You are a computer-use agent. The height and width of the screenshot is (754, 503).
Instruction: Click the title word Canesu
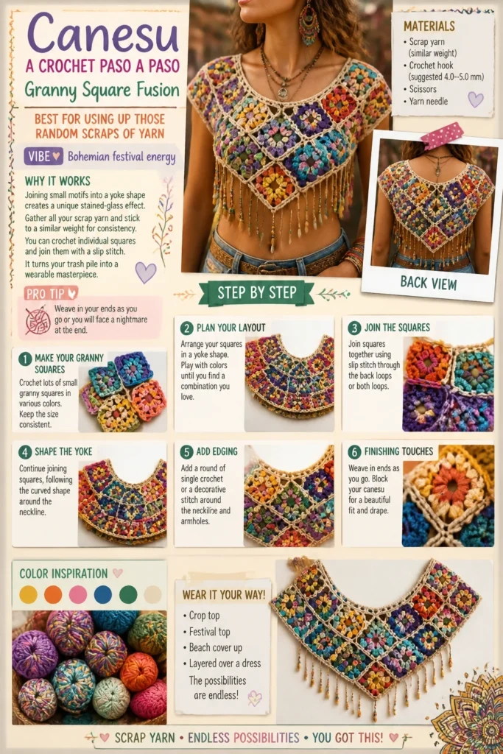click(x=103, y=33)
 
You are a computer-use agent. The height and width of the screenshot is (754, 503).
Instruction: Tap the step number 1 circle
click(x=25, y=359)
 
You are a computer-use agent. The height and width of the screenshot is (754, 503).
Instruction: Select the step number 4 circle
click(x=25, y=452)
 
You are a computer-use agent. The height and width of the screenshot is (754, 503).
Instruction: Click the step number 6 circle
click(x=354, y=452)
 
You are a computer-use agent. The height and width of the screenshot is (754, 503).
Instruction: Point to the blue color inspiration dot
click(x=103, y=594)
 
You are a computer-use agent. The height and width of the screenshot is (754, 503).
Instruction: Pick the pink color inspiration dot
click(x=78, y=594)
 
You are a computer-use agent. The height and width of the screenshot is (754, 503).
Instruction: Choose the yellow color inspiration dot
click(x=29, y=594)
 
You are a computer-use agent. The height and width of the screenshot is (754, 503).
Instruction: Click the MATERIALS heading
click(x=429, y=26)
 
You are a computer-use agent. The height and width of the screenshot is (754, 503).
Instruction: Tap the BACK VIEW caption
click(x=429, y=283)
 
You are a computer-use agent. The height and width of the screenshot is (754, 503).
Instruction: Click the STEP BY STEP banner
click(x=257, y=293)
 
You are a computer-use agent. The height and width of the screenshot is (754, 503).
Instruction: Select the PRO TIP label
click(x=51, y=293)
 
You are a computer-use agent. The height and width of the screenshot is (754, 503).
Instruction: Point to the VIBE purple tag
click(x=43, y=156)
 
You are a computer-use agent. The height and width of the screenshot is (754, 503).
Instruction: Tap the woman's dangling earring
click(x=309, y=22)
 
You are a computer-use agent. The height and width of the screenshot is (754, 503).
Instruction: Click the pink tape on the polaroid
click(x=442, y=135)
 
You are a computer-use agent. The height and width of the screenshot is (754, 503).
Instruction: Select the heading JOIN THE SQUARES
click(x=397, y=328)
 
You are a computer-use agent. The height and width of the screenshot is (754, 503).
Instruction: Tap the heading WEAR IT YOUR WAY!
click(x=224, y=595)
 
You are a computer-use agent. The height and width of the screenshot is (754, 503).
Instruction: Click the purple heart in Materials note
click(x=476, y=99)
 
